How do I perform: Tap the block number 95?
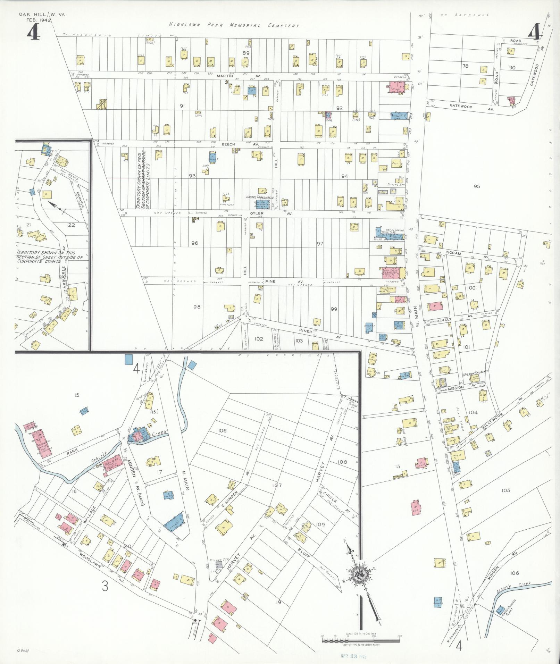477,186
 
